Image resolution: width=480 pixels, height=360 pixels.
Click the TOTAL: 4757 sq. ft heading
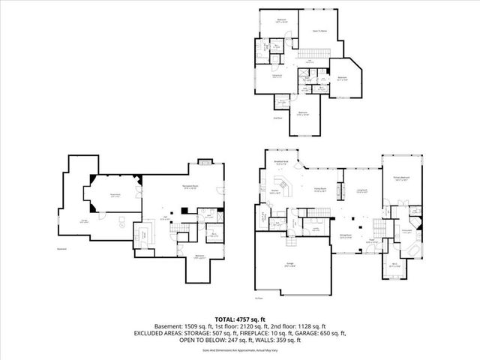239,319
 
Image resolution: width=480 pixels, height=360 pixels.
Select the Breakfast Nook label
281,162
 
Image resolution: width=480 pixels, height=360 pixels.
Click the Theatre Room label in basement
115,193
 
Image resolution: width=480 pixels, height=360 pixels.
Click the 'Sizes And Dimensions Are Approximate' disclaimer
239,349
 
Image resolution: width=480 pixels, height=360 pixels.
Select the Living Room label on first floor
361,190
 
